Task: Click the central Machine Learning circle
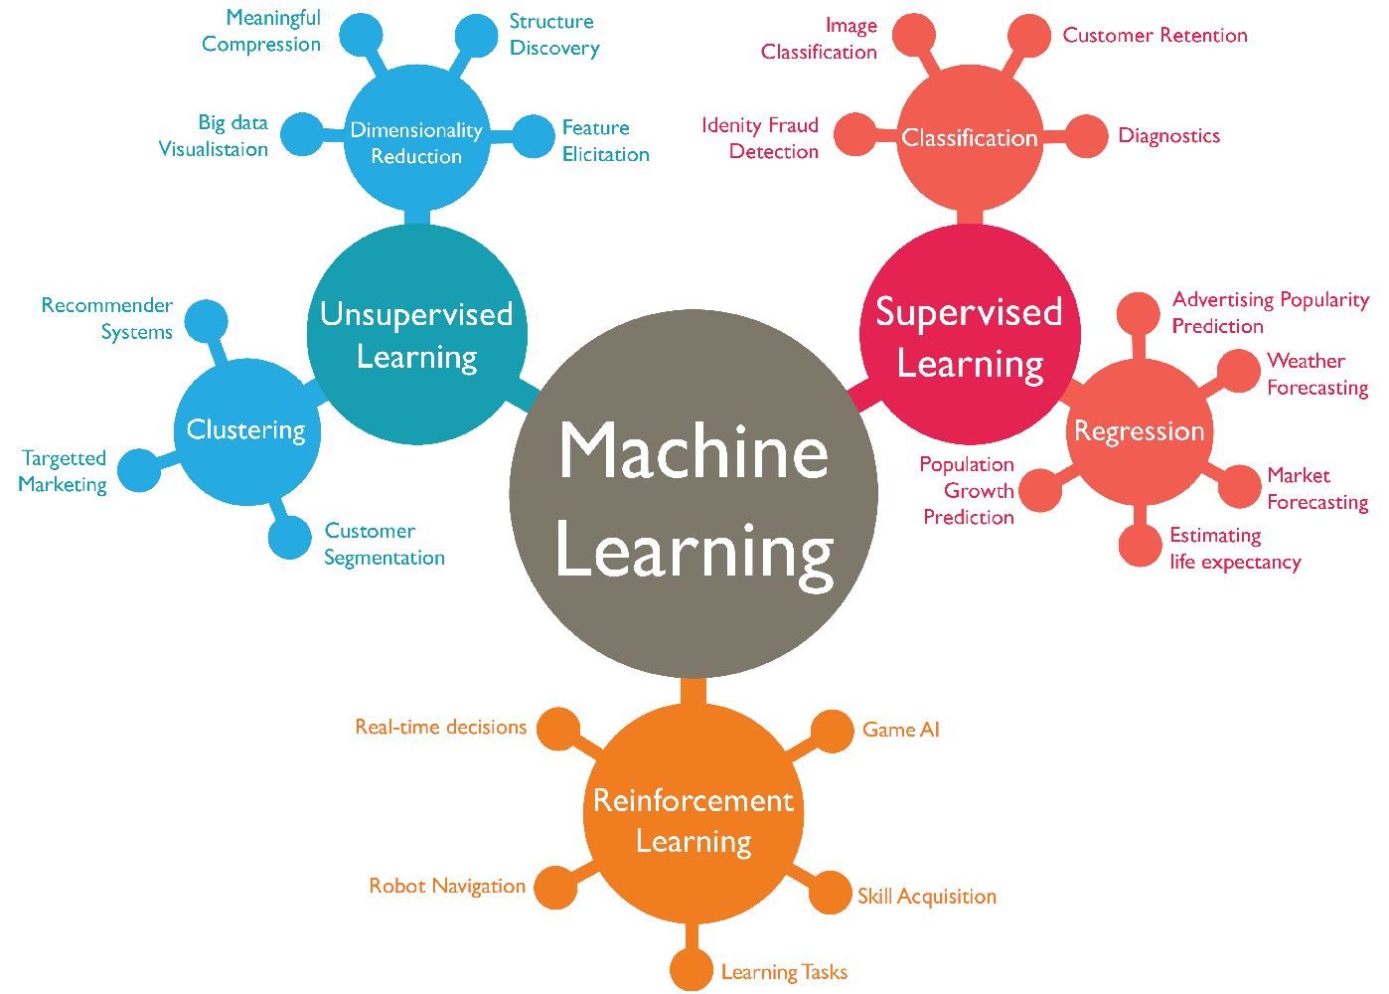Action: pos(694,494)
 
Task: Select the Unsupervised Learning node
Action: pos(416,334)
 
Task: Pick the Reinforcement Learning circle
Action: pos(693,814)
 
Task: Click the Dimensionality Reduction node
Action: pos(416,140)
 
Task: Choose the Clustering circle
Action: pos(246,431)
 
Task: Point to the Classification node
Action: pos(969,138)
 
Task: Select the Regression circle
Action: pos(1139,431)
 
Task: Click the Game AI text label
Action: pos(900,730)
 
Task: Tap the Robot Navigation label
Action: pos(447,886)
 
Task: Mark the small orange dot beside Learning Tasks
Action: pos(691,970)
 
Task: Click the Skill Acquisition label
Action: pos(926,897)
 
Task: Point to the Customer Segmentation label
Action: pos(384,545)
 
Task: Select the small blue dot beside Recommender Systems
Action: pos(207,320)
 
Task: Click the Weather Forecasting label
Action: pos(1316,375)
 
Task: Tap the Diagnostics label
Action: pos(1169,136)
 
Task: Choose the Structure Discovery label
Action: pos(553,35)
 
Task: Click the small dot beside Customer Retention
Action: pos(1028,36)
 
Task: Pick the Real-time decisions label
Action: pos(440,728)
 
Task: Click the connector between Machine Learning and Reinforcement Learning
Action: pos(694,691)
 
